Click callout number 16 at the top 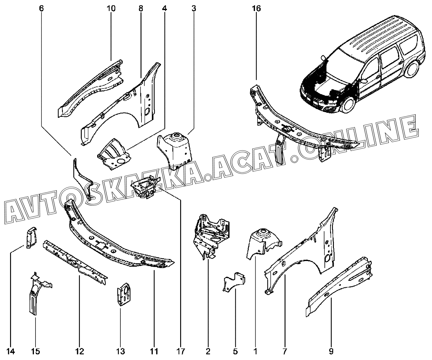pyautogui.click(x=256, y=8)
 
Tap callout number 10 pyautogui.click(x=111, y=8)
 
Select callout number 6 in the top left pyautogui.click(x=42, y=8)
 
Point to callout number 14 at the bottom pyautogui.click(x=11, y=351)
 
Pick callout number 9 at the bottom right pyautogui.click(x=331, y=351)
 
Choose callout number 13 pyautogui.click(x=121, y=351)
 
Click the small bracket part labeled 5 pyautogui.click(x=234, y=282)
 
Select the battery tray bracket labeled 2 pyautogui.click(x=211, y=232)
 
